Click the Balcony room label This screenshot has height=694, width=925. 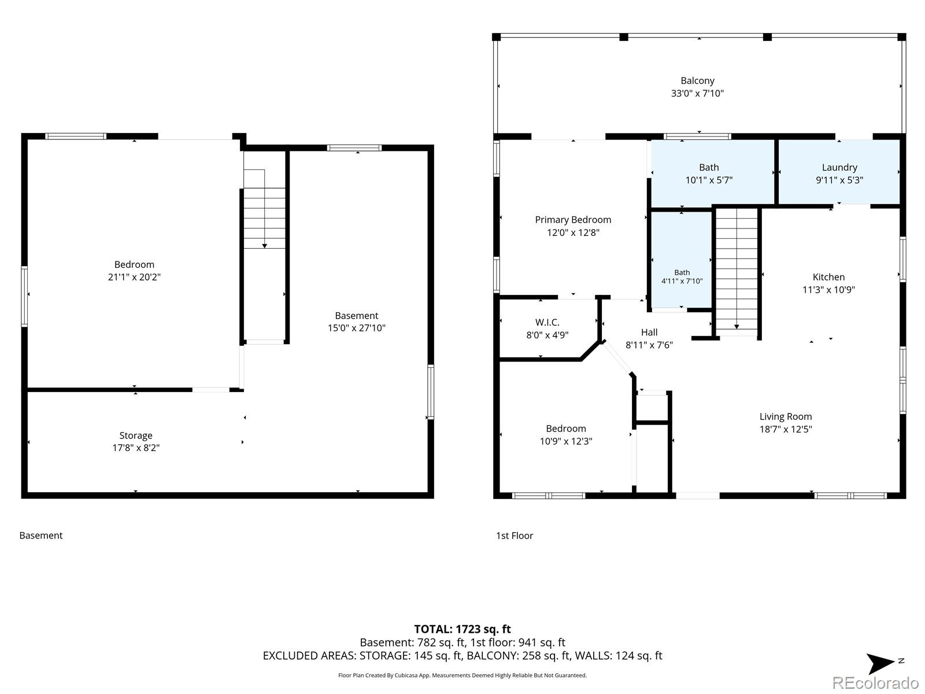pos(697,80)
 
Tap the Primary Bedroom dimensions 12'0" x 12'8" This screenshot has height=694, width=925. pos(573,232)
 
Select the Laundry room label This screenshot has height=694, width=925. pos(839,167)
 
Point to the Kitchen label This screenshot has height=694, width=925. pos(828,277)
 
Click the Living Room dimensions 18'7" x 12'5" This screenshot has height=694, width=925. pos(786,429)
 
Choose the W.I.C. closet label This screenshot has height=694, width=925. pos(547,322)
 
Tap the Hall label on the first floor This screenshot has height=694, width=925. pos(649,333)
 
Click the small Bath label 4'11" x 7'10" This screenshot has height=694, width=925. pos(682,277)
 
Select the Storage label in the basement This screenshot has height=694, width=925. pos(136,435)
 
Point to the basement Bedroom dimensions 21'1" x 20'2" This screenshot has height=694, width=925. pos(135,277)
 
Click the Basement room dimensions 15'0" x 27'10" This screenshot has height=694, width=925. pos(357,328)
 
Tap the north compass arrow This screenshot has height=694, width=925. pos(879,664)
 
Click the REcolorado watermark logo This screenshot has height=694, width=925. pos(875,682)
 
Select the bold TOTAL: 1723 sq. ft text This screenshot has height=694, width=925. pos(462,629)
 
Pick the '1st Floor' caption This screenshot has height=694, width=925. pos(515,536)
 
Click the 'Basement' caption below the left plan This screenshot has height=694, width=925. pos(41,536)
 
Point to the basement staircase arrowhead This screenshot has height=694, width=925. pos(265,246)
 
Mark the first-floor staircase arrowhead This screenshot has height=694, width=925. pos(737,327)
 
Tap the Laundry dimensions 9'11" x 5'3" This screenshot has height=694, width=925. pos(839,180)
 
